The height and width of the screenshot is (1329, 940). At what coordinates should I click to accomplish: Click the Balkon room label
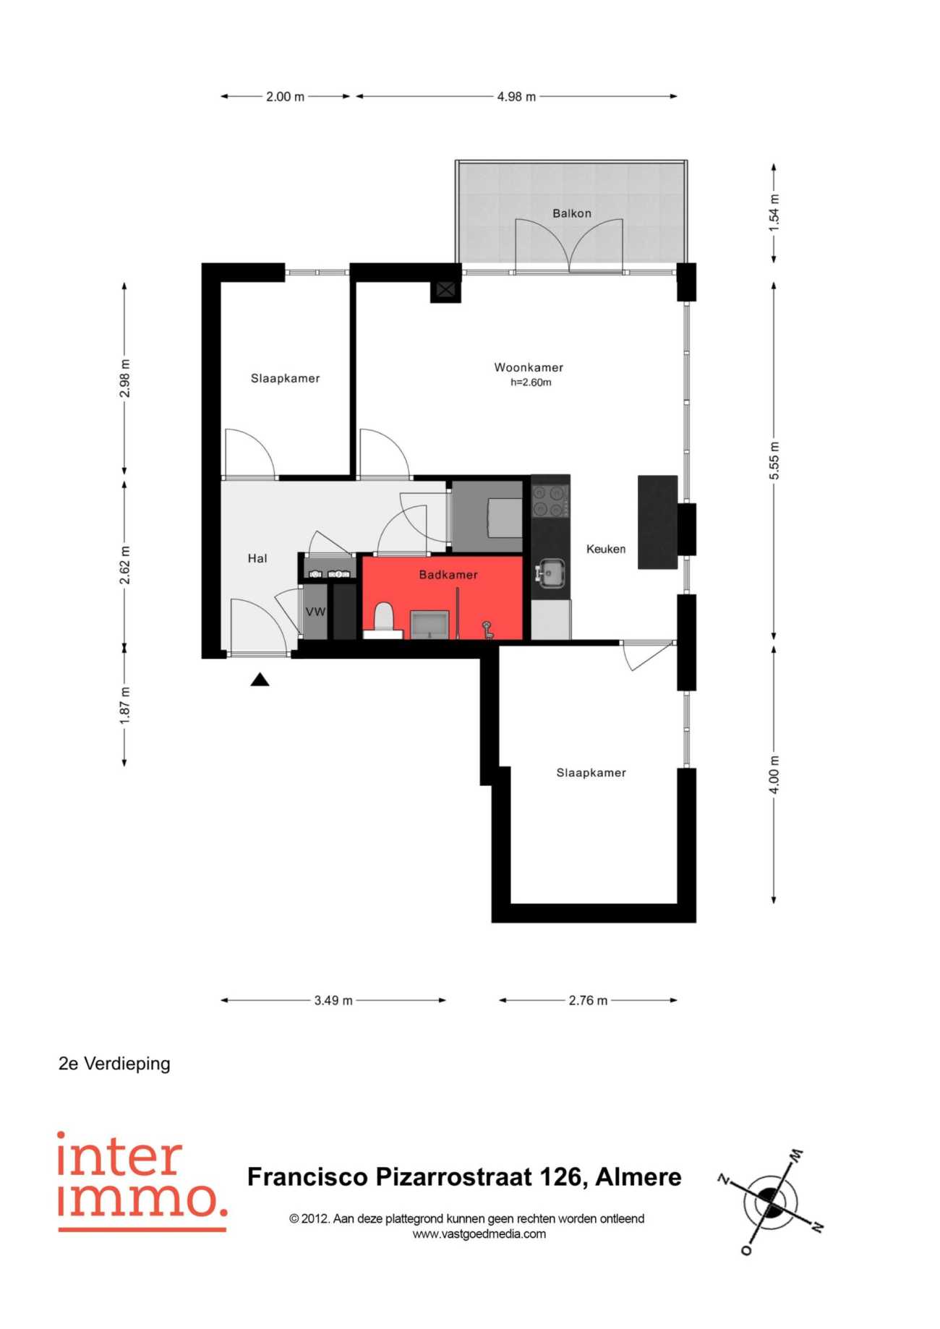tap(571, 213)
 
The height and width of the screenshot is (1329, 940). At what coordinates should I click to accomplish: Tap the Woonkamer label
tap(529, 367)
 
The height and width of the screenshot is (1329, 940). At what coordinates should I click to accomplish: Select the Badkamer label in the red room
tap(448, 575)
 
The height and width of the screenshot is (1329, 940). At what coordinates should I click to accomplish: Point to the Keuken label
tap(606, 549)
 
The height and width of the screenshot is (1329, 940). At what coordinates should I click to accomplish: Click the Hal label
tap(257, 558)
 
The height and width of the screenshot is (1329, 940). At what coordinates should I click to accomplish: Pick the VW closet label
tap(315, 612)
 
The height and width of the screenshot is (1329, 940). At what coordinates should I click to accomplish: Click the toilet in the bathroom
tap(383, 620)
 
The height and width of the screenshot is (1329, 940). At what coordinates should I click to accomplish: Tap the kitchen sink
tap(551, 573)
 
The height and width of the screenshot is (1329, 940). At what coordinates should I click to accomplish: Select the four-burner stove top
tap(550, 500)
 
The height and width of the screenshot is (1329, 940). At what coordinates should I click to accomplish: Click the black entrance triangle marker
tap(260, 680)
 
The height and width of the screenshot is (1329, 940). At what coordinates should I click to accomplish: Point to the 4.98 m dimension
tap(516, 96)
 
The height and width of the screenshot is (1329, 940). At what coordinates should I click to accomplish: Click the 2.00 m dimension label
tap(285, 96)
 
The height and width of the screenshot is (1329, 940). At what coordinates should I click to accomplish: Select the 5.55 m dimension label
tap(774, 461)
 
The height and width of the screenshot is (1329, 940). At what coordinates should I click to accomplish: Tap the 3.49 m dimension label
tap(333, 1001)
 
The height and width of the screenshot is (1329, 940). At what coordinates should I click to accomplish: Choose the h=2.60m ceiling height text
tap(531, 383)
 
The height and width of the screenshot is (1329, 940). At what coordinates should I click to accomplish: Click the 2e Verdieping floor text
tap(114, 1064)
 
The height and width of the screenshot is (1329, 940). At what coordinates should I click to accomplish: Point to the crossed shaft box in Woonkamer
tap(445, 291)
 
